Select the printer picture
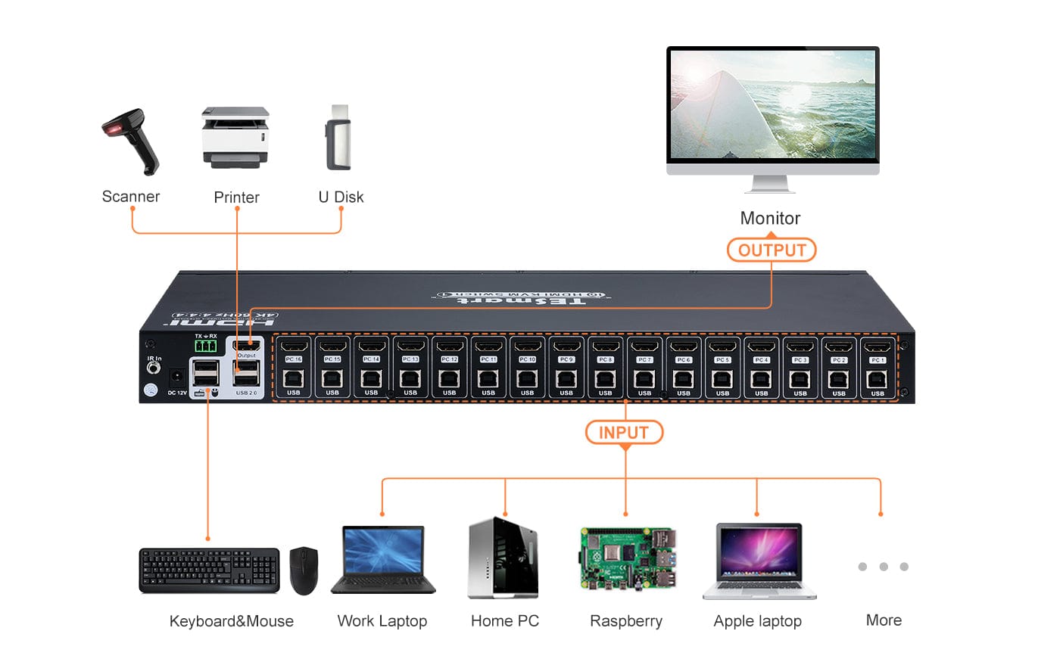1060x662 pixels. click(235, 137)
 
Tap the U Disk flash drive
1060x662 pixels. click(339, 138)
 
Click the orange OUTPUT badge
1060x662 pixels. click(771, 250)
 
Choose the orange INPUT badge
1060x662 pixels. click(624, 432)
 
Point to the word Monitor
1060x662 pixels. click(770, 219)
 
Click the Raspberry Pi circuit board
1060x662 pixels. click(627, 558)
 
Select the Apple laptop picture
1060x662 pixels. click(759, 561)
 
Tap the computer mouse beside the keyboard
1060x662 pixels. click(304, 570)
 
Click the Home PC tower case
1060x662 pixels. click(503, 558)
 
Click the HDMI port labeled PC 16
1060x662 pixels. click(293, 347)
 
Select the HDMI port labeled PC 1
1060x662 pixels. click(878, 347)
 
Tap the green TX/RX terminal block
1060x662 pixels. click(205, 346)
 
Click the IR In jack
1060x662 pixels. click(154, 368)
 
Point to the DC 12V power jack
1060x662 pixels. click(177, 376)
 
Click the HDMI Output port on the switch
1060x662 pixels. click(247, 346)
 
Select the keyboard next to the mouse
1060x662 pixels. click(209, 570)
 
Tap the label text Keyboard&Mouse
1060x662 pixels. click(231, 621)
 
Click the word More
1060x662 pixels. click(884, 620)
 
